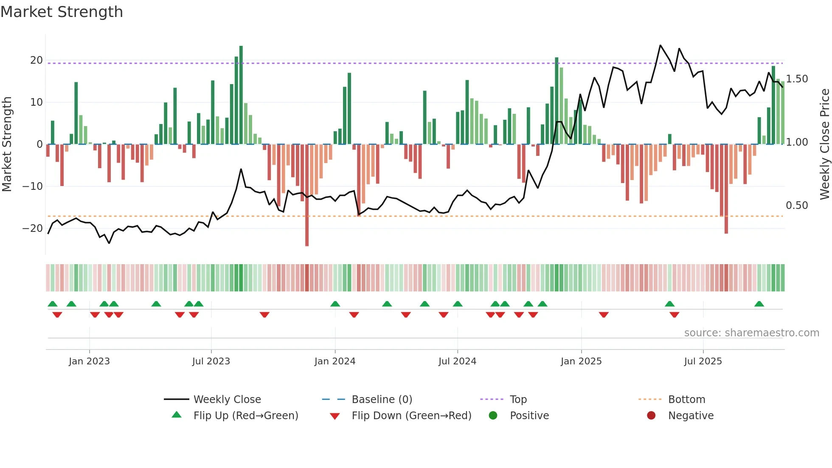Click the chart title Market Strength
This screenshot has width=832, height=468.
(x=62, y=12)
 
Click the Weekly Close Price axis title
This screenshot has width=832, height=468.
(x=824, y=144)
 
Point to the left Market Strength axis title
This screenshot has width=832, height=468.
(x=7, y=144)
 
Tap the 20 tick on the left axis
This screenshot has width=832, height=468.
(x=37, y=60)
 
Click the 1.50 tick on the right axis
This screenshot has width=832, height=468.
(x=797, y=79)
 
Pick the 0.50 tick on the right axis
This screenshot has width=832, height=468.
(x=797, y=206)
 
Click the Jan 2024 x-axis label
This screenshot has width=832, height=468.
(x=335, y=361)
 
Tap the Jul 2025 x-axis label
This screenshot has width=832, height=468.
(x=703, y=361)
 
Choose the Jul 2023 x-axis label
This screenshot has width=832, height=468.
(x=211, y=361)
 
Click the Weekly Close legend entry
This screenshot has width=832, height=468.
(x=227, y=400)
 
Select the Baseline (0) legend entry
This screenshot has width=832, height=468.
(x=382, y=400)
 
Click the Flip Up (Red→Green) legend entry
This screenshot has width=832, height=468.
(x=245, y=416)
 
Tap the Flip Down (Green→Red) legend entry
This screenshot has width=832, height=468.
(x=411, y=416)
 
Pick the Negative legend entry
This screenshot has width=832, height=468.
(x=690, y=416)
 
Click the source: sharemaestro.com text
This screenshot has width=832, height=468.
(x=751, y=333)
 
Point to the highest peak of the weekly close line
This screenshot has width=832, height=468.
(x=661, y=45)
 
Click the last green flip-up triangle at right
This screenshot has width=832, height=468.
(x=759, y=304)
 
